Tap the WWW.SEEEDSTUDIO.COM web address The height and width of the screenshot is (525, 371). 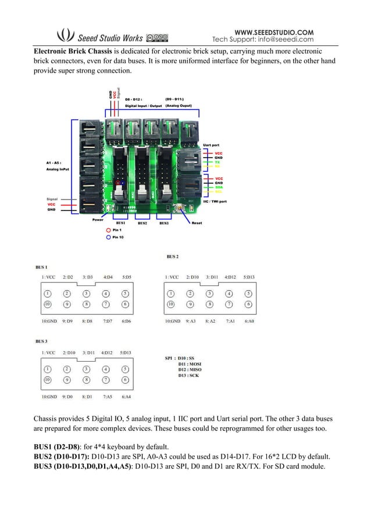pyautogui.click(x=273, y=31)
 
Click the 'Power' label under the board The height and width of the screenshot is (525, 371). pyautogui.click(x=98, y=220)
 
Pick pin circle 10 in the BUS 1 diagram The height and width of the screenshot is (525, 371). pyautogui.click(x=47, y=303)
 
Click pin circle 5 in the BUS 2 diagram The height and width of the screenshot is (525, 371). pyautogui.click(x=248, y=294)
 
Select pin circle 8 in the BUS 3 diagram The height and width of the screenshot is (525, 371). pyautogui.click(x=86, y=380)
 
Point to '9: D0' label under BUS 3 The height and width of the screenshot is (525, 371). pyautogui.click(x=67, y=397)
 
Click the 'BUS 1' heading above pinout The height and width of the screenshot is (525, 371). pyautogui.click(x=41, y=267)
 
